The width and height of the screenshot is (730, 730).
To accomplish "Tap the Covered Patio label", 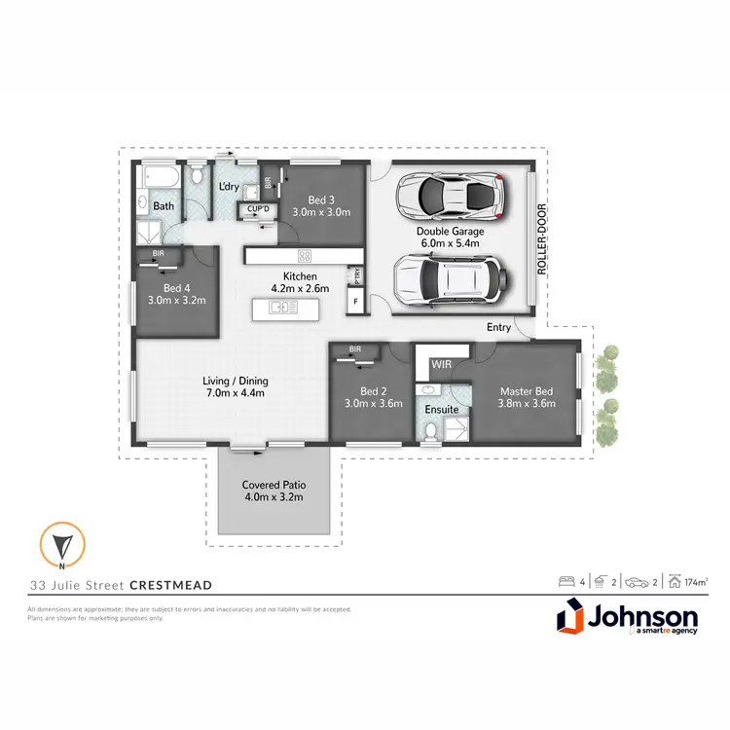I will click(x=274, y=490).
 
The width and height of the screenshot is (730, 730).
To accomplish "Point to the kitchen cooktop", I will click(x=305, y=256).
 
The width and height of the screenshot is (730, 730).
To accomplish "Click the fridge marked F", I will click(x=356, y=302).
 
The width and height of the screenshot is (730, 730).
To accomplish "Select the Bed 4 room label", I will click(x=176, y=294).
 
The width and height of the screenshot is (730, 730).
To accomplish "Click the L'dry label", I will click(x=228, y=186).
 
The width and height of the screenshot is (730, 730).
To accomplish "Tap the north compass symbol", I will click(x=61, y=546).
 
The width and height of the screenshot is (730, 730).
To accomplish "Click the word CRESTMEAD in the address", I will click(x=171, y=585).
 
